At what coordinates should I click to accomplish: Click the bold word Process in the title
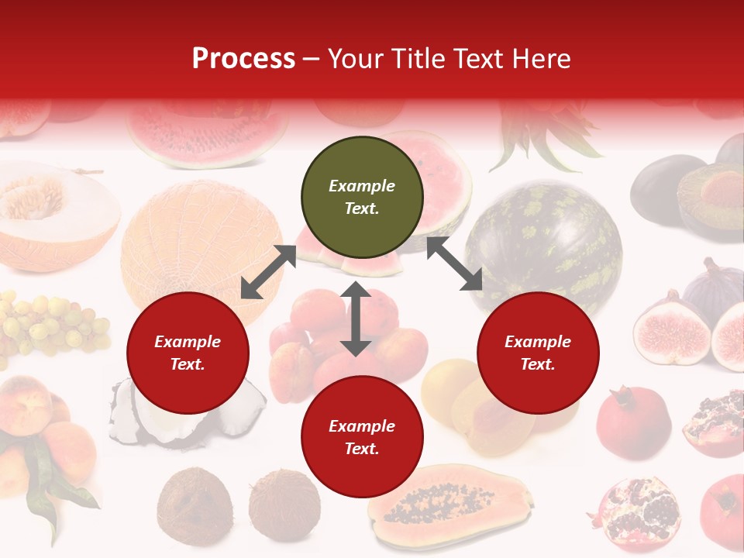pyautogui.click(x=243, y=59)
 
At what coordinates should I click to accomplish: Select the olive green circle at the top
pyautogui.click(x=362, y=198)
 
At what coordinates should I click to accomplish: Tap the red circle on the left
pyautogui.click(x=188, y=353)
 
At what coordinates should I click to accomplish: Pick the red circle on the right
pyautogui.click(x=538, y=353)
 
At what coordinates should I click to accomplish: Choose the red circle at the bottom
pyautogui.click(x=362, y=437)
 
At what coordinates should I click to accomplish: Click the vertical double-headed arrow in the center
pyautogui.click(x=356, y=319)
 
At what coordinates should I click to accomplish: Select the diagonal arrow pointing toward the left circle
pyautogui.click(x=268, y=272)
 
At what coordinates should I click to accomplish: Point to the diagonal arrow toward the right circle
pyautogui.click(x=454, y=264)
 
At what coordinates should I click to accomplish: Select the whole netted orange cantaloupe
pyautogui.click(x=203, y=244)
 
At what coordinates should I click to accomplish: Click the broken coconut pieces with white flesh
pyautogui.click(x=186, y=415)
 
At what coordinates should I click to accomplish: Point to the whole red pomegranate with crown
pyautogui.click(x=633, y=422)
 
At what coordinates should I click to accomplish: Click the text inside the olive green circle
pyautogui.click(x=362, y=197)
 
